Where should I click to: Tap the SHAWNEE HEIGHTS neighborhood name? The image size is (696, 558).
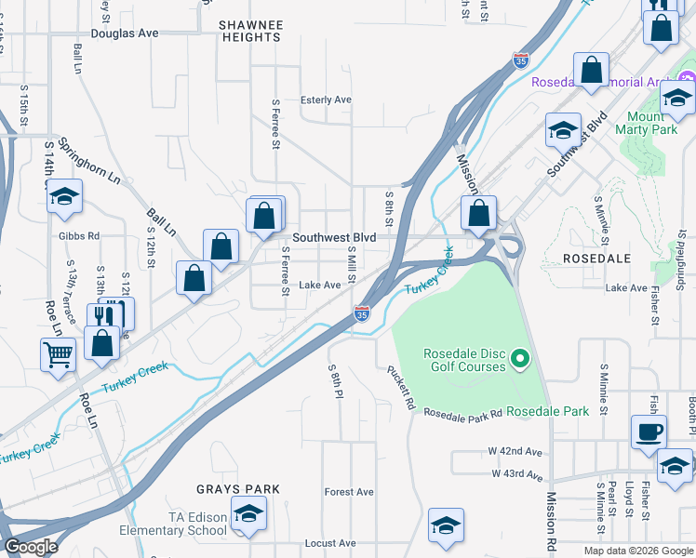point(249,31)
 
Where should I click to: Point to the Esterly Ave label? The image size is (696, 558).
point(326,100)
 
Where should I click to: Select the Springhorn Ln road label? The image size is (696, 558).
point(89,161)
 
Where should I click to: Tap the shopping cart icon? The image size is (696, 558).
point(58,353)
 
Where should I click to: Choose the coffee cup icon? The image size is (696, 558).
point(649,431)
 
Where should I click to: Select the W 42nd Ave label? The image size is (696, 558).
point(515,451)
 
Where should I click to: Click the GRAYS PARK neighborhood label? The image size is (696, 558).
point(225,488)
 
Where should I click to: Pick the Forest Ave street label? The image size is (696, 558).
point(349,492)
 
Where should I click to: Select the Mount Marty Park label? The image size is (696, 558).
point(647,124)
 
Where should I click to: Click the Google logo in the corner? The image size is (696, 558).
point(32,547)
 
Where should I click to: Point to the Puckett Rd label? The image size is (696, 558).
point(401,388)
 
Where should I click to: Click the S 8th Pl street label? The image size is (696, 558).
point(332,380)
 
